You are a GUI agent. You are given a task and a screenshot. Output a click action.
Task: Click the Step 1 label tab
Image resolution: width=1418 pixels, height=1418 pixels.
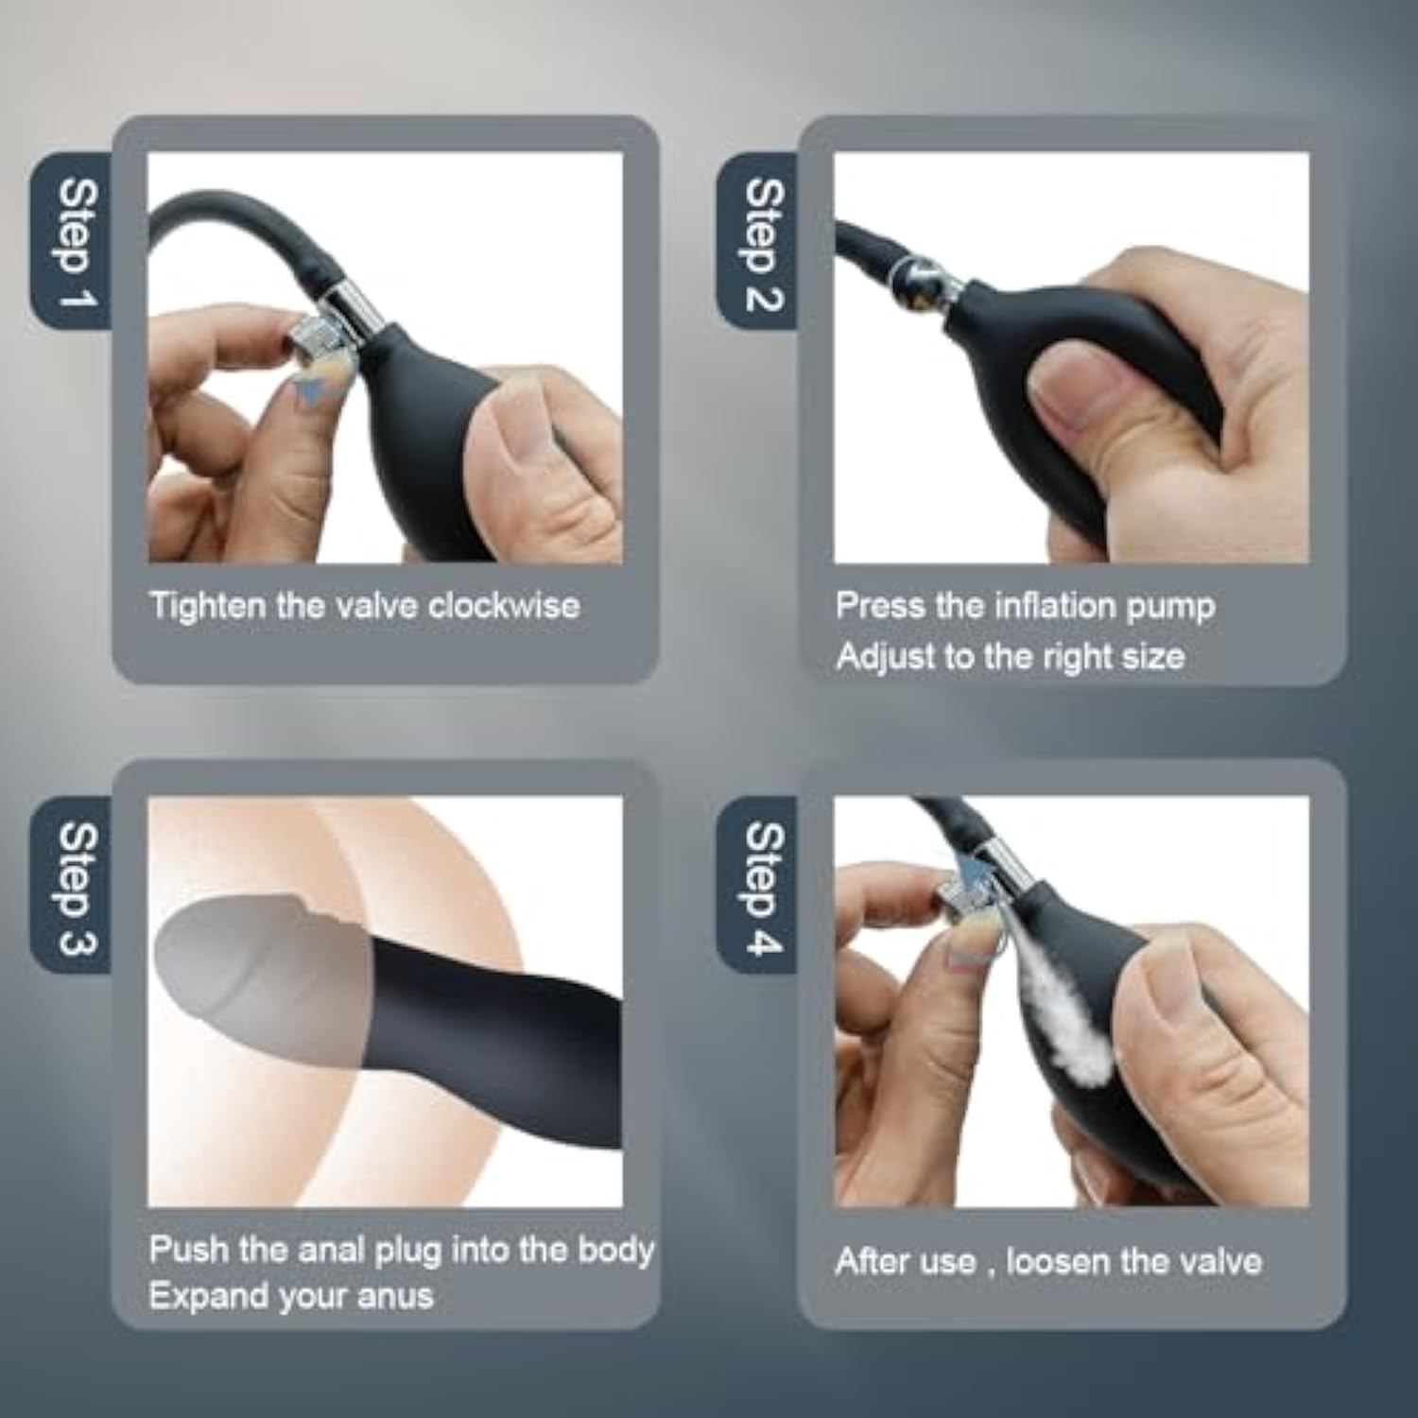tap(73, 241)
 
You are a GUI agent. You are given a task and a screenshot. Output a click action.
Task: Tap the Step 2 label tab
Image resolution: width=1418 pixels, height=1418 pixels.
tap(758, 241)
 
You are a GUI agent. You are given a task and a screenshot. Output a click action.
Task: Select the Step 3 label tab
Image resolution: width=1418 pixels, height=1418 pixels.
tap(73, 886)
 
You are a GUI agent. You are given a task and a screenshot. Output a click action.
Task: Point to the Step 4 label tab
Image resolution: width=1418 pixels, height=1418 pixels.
tap(758, 886)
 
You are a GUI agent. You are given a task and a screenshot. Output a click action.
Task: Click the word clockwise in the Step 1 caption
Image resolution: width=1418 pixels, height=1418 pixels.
tap(504, 605)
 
